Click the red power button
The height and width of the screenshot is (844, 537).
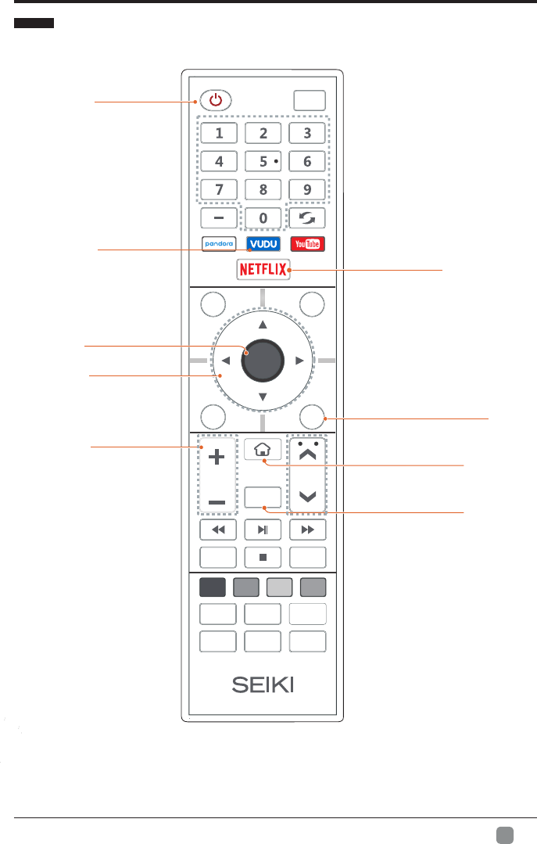(x=217, y=100)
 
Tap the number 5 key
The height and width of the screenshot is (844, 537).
(x=263, y=161)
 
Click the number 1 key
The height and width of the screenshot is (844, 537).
(x=217, y=133)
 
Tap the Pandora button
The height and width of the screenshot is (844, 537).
(x=218, y=243)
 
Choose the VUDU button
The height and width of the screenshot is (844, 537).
(x=263, y=243)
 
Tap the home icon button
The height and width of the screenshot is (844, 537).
(x=263, y=451)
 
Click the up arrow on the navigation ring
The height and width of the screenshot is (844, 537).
(x=263, y=323)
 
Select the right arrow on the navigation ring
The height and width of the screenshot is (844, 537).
(x=299, y=361)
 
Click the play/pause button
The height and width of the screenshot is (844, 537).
(x=263, y=530)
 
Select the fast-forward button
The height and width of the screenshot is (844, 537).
(x=307, y=530)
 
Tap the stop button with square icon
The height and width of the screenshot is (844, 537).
(x=263, y=557)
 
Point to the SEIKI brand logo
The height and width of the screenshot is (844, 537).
(x=263, y=684)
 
